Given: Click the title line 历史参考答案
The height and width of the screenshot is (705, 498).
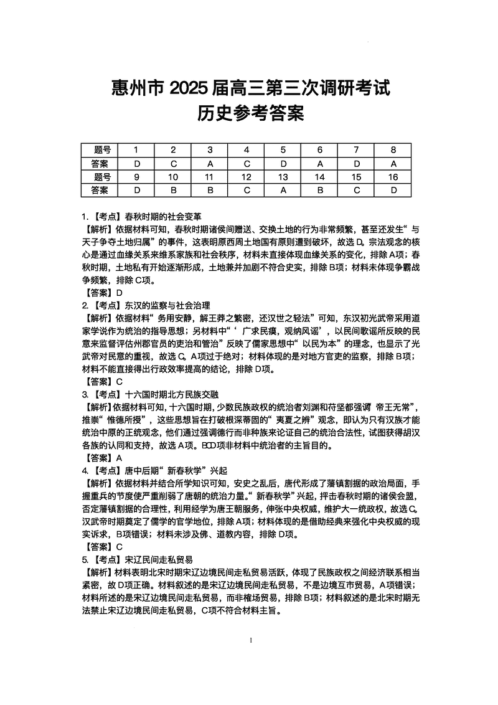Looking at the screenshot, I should coord(250,113).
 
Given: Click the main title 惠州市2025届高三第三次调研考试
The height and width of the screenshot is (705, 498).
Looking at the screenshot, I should coord(250,88).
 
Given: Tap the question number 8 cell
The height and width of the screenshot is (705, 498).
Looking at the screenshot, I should coord(393,149).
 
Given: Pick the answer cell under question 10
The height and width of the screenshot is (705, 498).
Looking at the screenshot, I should coord(174,190).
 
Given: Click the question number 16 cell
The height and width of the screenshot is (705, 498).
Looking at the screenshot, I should coord(393,177).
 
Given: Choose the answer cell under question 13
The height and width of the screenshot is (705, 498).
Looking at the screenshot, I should coord(283,190).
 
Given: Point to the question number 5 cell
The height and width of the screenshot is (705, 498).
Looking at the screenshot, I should coord(283,149).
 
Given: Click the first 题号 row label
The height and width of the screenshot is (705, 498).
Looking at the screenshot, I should coord(100,149).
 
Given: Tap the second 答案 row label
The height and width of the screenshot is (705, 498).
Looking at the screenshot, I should coord(100,190).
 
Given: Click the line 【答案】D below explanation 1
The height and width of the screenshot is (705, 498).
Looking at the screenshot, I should coord(103,292).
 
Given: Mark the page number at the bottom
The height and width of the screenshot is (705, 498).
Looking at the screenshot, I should coord(250,640).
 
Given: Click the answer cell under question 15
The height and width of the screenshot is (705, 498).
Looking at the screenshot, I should coord(357,190).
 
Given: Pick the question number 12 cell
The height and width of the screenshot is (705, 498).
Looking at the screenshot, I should coord(247,177).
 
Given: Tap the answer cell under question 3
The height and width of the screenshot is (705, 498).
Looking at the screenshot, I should coord(210,163).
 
